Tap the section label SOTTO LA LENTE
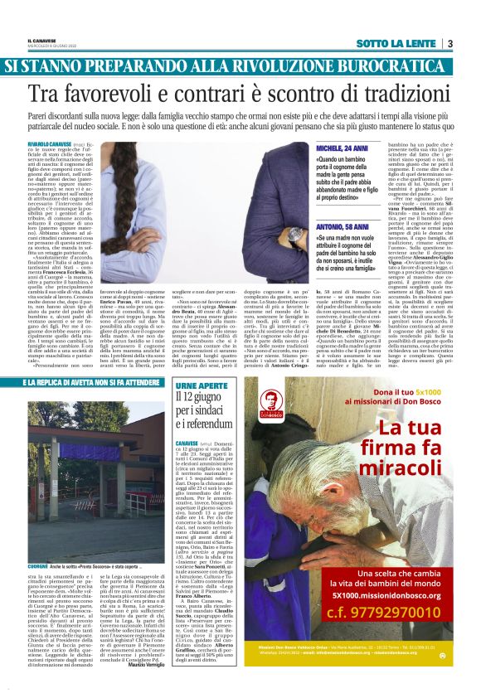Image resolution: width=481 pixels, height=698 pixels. tap(397, 43)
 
